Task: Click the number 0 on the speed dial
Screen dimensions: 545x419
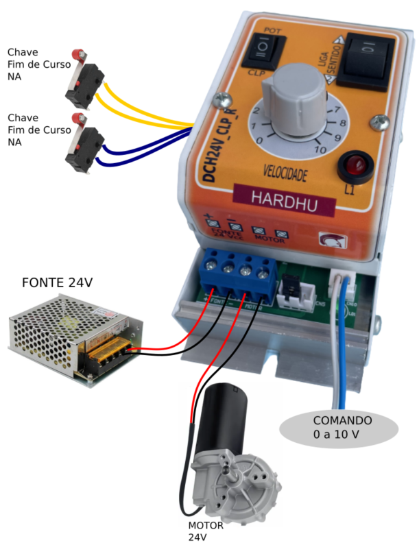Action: (x=258, y=141)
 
